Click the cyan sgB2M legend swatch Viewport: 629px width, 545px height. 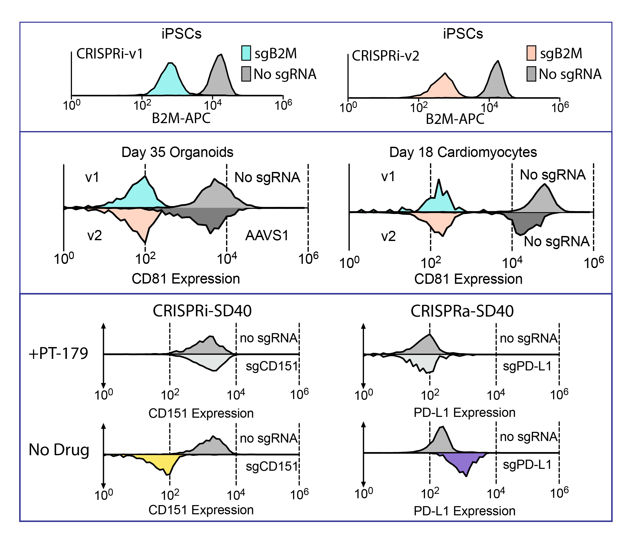tap(246, 53)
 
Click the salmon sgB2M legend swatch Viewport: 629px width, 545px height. tap(531, 53)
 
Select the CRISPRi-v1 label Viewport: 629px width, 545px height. tap(110, 54)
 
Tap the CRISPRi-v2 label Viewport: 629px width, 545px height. tap(386, 56)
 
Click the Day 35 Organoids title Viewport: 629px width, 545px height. tap(178, 152)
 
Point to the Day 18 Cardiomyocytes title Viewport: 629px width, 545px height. tap(463, 152)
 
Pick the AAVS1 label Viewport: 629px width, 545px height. tap(267, 235)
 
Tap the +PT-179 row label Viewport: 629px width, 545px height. tap(58, 353)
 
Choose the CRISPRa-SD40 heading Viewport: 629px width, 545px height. tap(462, 311)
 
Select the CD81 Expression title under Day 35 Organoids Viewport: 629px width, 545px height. tap(186, 279)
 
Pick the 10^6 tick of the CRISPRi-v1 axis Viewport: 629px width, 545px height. tap(283, 105)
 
